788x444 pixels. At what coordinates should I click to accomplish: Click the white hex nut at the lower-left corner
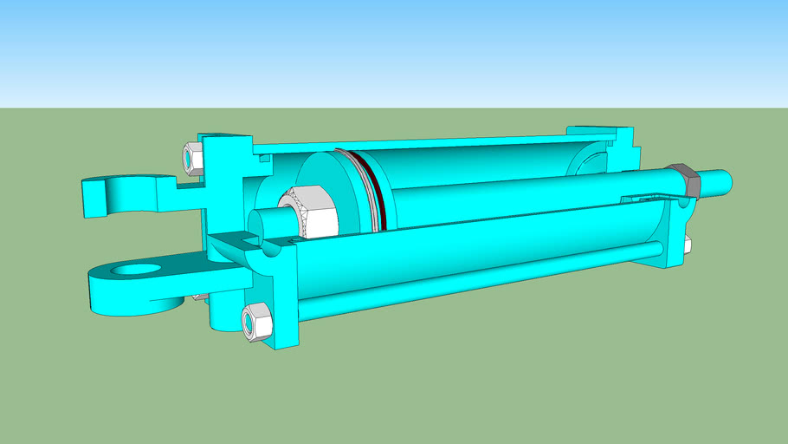pos(255,322)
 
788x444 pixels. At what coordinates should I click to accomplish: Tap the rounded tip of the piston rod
pos(726,181)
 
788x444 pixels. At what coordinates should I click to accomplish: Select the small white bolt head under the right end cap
pos(688,245)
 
